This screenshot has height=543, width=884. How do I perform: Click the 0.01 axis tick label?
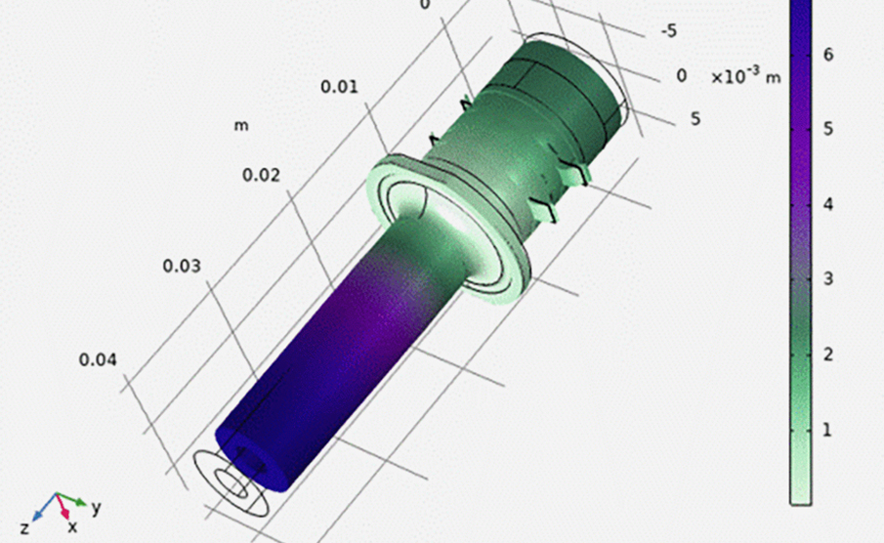click(339, 87)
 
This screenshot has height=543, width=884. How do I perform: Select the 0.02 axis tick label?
click(261, 176)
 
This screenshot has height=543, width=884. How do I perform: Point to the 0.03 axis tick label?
click(184, 267)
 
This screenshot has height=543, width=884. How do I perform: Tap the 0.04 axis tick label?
click(98, 360)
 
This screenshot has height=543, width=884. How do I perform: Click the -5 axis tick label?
click(669, 31)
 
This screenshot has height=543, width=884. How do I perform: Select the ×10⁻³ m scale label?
click(745, 76)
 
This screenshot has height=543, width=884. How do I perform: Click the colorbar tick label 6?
click(828, 56)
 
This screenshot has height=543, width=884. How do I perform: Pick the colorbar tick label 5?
click(828, 130)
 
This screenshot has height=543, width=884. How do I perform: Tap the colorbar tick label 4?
click(828, 205)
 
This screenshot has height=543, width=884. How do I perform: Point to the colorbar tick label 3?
click(828, 280)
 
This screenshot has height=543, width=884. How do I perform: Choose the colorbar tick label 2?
click(828, 355)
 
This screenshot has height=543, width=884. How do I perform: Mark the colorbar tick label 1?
click(828, 430)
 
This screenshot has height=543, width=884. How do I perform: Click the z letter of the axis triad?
click(24, 527)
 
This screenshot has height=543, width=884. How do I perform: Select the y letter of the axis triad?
click(96, 508)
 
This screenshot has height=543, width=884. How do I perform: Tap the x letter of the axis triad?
click(72, 528)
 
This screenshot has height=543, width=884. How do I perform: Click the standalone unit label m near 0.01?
click(240, 125)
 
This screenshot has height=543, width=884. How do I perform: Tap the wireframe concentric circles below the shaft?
click(230, 488)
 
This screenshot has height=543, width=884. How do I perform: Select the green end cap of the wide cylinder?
click(576, 83)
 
